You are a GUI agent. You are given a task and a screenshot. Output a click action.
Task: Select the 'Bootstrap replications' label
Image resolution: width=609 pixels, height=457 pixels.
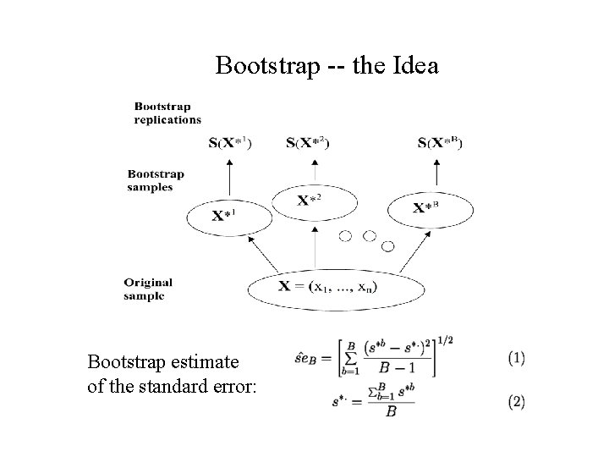point(162,113)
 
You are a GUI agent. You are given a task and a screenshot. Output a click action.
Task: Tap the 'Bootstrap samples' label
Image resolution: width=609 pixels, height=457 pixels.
point(156,180)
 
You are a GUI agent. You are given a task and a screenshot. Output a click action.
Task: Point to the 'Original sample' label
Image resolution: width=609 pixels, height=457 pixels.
point(148,289)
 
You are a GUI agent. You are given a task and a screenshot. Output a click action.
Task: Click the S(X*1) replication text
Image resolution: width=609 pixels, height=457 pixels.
point(229,142)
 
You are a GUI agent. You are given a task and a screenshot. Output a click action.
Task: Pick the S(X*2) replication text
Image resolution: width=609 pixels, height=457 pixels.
point(308,142)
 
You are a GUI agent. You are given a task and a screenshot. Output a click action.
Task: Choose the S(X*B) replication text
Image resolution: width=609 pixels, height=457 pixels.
point(440,142)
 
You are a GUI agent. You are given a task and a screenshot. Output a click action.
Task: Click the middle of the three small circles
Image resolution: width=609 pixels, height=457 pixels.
point(370,236)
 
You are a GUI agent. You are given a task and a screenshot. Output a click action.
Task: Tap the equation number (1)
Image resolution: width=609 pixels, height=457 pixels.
point(516,359)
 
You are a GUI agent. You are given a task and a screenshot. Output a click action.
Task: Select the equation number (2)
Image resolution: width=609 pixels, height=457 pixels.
point(516,402)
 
